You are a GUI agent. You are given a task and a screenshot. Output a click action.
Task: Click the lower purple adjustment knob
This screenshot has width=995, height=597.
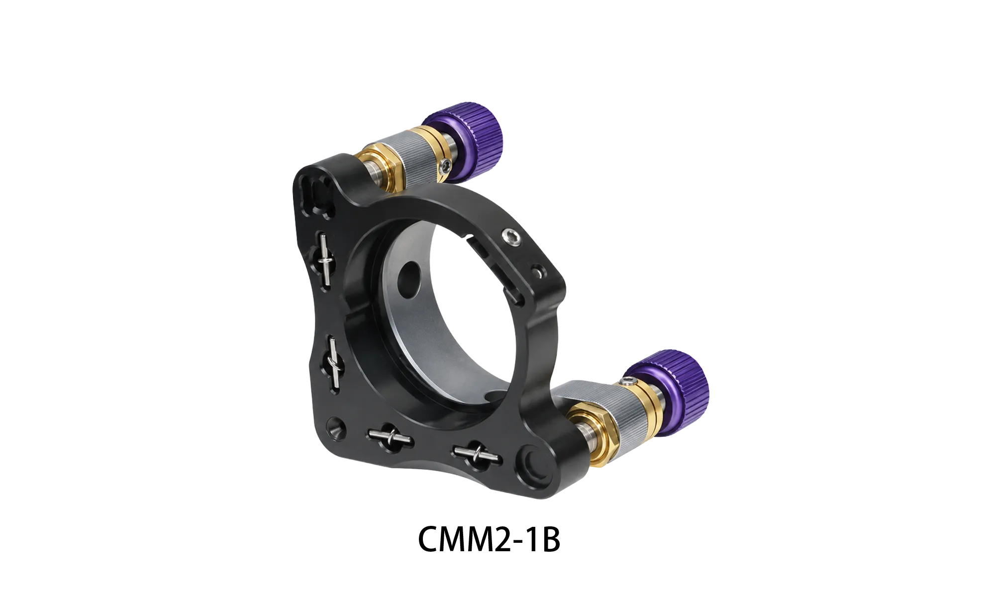pyautogui.click(x=669, y=386)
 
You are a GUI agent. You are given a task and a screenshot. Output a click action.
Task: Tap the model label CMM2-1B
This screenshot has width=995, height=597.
pyautogui.click(x=489, y=539)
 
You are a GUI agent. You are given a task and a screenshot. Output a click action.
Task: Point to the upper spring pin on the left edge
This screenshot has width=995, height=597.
pyautogui.click(x=325, y=260)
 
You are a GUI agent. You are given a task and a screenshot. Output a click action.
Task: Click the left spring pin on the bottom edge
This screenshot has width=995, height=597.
pyautogui.click(x=390, y=437)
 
